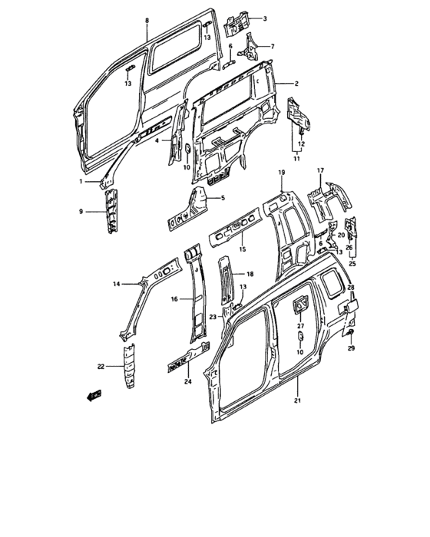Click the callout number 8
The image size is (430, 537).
(147, 20)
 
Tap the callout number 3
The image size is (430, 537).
(265, 18)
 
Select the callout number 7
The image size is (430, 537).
(273, 46)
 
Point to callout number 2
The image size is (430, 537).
(296, 84)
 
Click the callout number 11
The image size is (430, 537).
(297, 159)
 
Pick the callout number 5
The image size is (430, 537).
(223, 198)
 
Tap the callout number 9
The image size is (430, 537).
(81, 212)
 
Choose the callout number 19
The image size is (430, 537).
(282, 173)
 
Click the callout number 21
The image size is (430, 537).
(297, 400)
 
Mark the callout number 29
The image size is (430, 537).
(351, 348)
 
